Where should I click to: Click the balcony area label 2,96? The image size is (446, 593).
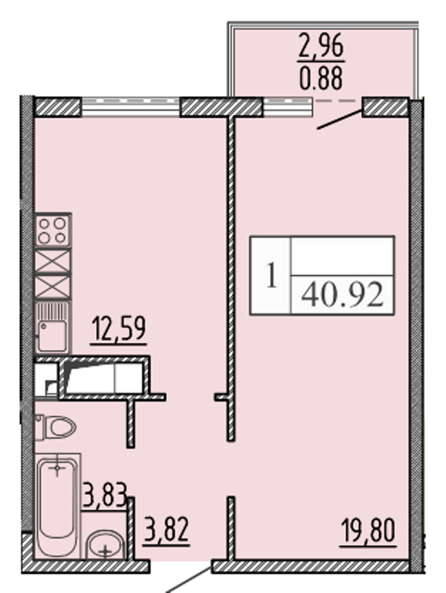[321, 46]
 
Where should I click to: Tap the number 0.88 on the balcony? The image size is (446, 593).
[321, 78]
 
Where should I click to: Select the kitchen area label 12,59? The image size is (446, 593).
[119, 328]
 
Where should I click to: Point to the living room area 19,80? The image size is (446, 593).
[368, 531]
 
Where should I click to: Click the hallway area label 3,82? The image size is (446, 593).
[166, 530]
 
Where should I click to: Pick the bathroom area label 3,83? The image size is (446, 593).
[104, 495]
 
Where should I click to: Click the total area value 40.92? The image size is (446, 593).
[343, 295]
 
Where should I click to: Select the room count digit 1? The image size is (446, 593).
[271, 275]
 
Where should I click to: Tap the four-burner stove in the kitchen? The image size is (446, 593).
[53, 231]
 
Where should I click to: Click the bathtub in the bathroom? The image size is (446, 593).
[57, 506]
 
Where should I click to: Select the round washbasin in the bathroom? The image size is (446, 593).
[106, 545]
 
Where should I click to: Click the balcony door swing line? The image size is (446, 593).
[340, 119]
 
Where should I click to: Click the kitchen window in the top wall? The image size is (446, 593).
[130, 106]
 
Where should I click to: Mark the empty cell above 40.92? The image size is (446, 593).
[343, 256]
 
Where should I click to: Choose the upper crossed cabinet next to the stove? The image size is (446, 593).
[53, 260]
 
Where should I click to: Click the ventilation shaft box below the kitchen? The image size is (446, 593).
[104, 377]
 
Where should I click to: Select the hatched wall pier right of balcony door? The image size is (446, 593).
[386, 106]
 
